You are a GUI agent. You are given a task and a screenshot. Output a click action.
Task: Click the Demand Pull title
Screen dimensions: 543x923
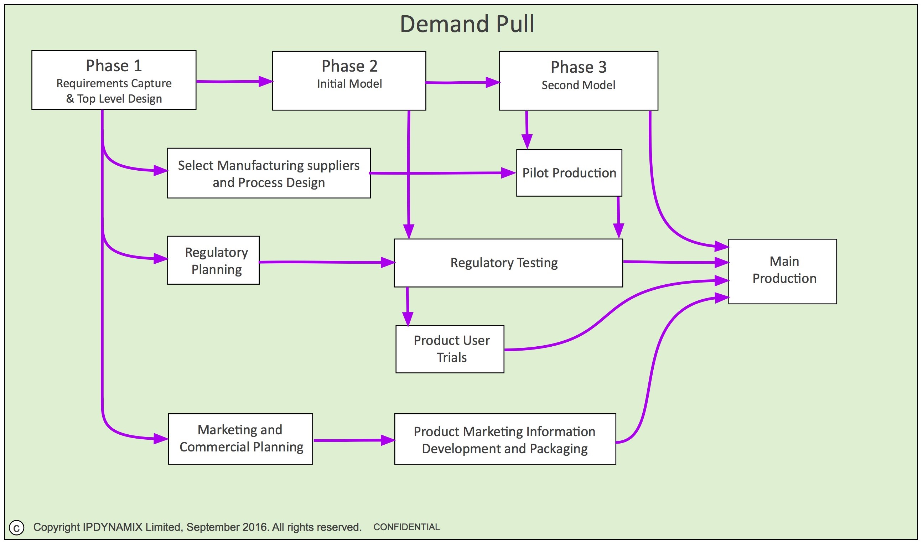(467, 24)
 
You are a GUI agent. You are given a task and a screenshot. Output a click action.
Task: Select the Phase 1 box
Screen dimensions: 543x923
(114, 80)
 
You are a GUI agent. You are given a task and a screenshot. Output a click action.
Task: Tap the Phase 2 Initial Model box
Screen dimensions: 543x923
(349, 81)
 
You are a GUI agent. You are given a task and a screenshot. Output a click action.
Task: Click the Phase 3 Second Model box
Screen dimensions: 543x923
(578, 81)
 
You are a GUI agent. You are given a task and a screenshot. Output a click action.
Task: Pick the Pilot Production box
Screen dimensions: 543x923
(569, 173)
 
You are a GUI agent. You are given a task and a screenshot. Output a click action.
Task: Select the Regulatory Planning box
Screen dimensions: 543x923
(213, 260)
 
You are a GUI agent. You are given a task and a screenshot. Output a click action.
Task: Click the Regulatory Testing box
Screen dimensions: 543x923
(508, 263)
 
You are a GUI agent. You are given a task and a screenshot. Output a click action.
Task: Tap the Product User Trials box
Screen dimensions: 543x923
(450, 349)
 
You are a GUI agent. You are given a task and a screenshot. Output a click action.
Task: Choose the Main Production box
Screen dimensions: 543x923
(782, 271)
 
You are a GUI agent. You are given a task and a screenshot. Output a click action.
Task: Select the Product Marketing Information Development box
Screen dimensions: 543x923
(505, 439)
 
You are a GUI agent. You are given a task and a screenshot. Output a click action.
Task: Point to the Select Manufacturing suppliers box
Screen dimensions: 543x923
(269, 173)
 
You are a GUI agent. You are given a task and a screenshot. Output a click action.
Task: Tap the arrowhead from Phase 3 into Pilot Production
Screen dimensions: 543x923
(527, 141)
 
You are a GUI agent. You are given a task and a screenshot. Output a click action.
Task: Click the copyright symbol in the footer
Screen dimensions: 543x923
(16, 528)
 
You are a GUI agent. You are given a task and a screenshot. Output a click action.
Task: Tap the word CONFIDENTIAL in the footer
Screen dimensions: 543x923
(406, 527)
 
